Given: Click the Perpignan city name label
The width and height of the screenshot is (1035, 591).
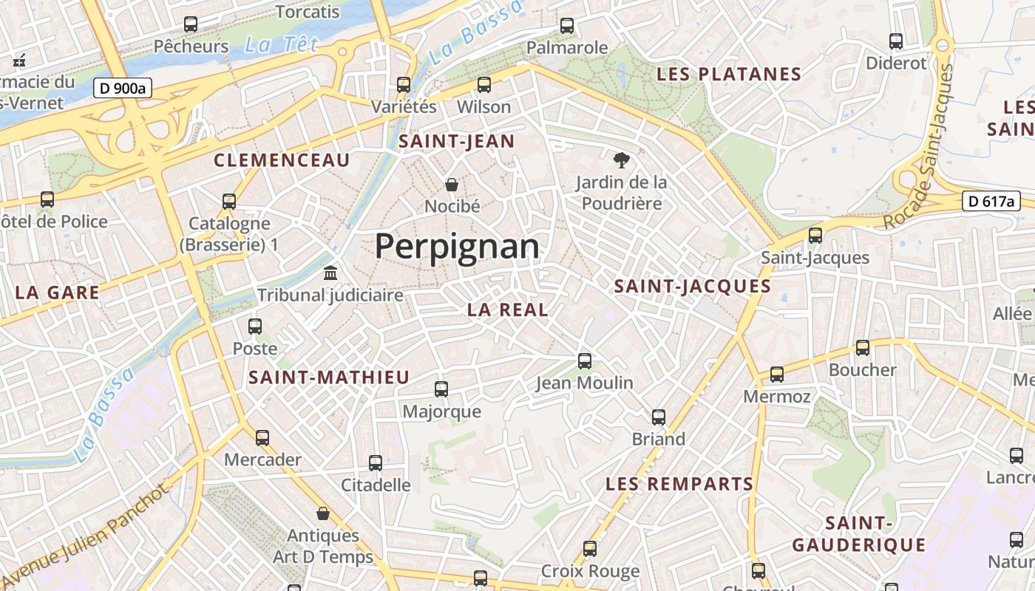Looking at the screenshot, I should pyautogui.click(x=457, y=246).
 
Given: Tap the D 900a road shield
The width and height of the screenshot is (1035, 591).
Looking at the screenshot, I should pyautogui.click(x=123, y=88).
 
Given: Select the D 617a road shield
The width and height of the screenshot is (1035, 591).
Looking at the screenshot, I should pyautogui.click(x=991, y=201).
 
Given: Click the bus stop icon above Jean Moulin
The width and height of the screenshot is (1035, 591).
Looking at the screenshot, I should pyautogui.click(x=585, y=361).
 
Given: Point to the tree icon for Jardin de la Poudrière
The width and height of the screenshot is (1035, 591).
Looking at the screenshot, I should pyautogui.click(x=621, y=160).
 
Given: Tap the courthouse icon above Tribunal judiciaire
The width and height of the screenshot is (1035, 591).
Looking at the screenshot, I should pyautogui.click(x=330, y=273).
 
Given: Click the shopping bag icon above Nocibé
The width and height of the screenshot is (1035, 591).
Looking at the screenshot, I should pyautogui.click(x=452, y=184).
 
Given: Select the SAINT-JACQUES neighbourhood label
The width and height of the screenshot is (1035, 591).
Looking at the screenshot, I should pyautogui.click(x=693, y=287).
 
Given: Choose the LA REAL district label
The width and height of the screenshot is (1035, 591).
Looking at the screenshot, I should pyautogui.click(x=508, y=310).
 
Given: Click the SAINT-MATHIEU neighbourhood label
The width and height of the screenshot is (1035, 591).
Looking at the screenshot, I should pyautogui.click(x=329, y=378).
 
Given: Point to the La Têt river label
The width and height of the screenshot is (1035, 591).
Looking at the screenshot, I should pyautogui.click(x=270, y=45).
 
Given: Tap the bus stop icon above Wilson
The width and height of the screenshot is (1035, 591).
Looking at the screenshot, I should pyautogui.click(x=484, y=85).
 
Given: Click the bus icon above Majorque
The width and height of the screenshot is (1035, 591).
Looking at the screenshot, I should pyautogui.click(x=441, y=389).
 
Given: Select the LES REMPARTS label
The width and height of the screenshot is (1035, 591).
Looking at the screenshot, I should pyautogui.click(x=679, y=485).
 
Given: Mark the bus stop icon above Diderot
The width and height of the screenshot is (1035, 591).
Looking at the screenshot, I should pyautogui.click(x=896, y=41).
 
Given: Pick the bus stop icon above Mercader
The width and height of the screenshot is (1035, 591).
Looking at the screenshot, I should pyautogui.click(x=262, y=438).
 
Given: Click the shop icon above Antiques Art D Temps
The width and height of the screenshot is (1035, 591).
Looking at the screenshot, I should pyautogui.click(x=323, y=513).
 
